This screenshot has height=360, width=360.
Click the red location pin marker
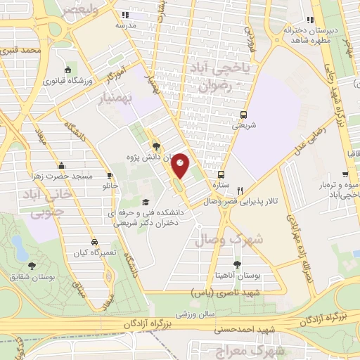coord(180,165)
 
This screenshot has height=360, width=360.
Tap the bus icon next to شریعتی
coord(243,114)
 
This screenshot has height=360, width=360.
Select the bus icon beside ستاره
coord(221,174)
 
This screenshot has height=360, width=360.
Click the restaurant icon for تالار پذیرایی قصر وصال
coord(240,189)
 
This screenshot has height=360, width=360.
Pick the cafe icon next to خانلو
coord(110,176)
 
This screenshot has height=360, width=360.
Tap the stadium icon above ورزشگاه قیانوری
coord(67,70)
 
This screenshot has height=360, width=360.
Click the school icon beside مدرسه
coord(124,15)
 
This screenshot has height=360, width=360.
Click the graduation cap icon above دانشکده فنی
coord(145,183)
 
